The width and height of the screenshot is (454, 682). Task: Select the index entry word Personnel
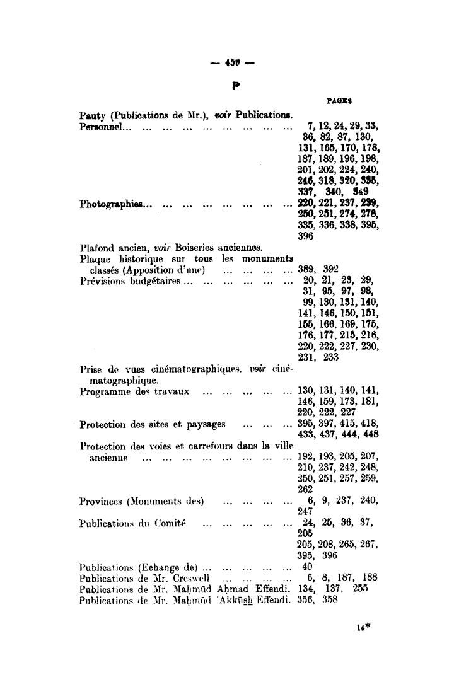tap(100, 126)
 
